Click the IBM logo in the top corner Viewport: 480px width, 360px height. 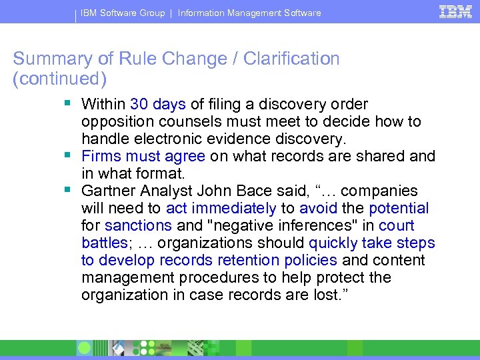[x=456, y=11]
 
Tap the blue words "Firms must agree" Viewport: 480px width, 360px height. [x=143, y=156]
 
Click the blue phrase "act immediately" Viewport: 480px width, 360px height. [x=221, y=209]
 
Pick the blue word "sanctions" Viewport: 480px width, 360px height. [x=139, y=226]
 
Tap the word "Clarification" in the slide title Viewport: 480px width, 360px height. [x=291, y=59]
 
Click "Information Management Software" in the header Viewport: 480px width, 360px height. [x=249, y=13]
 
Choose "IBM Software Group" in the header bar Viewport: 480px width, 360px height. [x=123, y=13]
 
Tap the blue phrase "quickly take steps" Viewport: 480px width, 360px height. [x=371, y=243]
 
